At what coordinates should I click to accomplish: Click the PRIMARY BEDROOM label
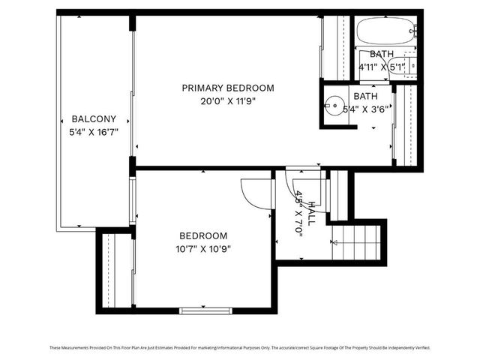[228, 88]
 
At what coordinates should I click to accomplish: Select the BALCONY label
[94, 118]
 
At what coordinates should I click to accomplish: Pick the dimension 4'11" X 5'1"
[382, 67]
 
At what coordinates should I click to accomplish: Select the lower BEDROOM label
[198, 236]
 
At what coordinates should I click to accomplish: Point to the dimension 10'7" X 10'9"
[198, 249]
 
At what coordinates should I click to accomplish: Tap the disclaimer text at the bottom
[240, 347]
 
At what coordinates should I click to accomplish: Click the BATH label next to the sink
[365, 96]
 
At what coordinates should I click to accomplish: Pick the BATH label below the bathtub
[381, 54]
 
